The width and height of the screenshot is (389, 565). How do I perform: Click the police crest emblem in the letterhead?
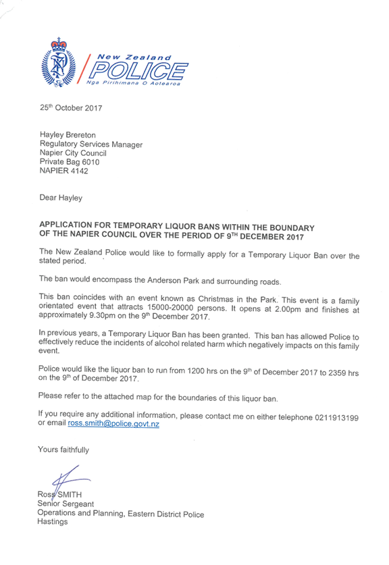58,62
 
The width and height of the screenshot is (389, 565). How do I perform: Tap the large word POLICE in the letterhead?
138,70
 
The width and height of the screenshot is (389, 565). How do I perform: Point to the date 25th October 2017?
71,108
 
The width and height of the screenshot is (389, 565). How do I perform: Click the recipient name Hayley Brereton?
68,135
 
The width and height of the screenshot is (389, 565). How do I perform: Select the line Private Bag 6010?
70,162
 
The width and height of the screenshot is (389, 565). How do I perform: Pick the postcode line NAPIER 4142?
63,171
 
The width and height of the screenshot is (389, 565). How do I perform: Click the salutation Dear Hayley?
61,198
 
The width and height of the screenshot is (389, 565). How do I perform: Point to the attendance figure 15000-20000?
170,308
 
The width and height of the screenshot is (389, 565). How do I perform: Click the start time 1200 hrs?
202,371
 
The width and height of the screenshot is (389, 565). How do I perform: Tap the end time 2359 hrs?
344,373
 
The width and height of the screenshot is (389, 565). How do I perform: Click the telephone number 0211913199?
337,418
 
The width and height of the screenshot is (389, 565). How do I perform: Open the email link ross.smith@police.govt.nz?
113,424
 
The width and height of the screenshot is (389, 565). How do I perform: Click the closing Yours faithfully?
63,450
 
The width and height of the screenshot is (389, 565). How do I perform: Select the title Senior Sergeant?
66,504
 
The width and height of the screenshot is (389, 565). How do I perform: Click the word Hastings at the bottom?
53,521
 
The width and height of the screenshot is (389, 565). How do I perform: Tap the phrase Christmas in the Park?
238,300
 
